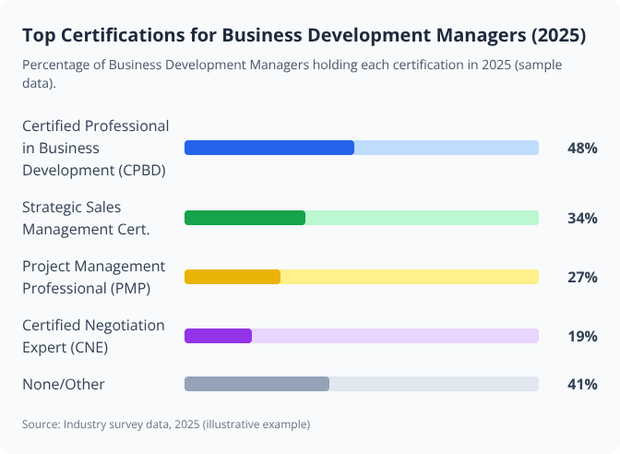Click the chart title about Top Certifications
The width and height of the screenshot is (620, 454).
tap(304, 35)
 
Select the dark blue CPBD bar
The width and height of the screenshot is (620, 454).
tap(269, 148)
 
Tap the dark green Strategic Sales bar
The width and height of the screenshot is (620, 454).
tap(244, 218)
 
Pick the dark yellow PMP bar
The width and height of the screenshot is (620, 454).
tap(232, 277)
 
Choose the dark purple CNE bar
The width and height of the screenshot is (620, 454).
tap(219, 336)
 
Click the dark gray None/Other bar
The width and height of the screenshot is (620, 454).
tap(256, 384)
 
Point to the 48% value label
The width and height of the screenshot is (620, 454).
tap(582, 148)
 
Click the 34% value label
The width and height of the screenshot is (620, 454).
tap(582, 218)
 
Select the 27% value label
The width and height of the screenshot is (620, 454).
tap(582, 277)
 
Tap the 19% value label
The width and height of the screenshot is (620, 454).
tap(582, 336)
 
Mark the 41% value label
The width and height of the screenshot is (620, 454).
tap(582, 384)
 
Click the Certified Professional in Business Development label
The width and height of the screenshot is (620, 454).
tap(95, 148)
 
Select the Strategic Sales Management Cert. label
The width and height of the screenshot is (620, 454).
tap(86, 218)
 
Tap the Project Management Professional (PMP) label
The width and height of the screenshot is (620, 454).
tap(93, 277)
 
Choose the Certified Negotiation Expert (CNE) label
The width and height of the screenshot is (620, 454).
tap(93, 336)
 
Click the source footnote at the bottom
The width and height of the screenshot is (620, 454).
tap(166, 424)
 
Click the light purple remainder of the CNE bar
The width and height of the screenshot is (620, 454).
tap(395, 336)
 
